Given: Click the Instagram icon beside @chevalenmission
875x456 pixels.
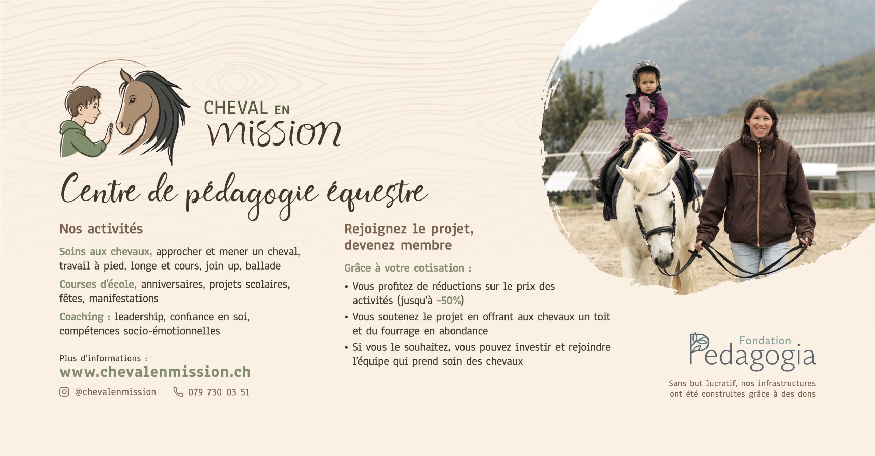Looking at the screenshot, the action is [64, 392].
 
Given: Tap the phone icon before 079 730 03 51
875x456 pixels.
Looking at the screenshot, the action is [178, 392].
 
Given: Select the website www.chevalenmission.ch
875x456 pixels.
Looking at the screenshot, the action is [155, 372].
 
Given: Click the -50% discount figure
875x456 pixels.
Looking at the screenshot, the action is [449, 301].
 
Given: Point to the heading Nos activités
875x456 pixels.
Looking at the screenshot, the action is [101, 229].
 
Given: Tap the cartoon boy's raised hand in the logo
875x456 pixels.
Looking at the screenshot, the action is [108, 133].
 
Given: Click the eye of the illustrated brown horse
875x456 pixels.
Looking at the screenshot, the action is [132, 100].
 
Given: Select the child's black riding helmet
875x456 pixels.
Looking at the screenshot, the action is [646, 71].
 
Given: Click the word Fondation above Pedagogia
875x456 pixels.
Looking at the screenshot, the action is [765, 341].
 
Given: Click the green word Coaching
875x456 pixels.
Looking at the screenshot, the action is [85, 317].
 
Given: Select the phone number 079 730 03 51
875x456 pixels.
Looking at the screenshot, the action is [219, 392].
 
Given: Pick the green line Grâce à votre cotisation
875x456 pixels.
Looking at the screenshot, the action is [407, 268].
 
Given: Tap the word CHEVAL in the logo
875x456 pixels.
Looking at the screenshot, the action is [236, 108].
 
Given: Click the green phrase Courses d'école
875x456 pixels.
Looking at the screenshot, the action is [98, 284].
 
